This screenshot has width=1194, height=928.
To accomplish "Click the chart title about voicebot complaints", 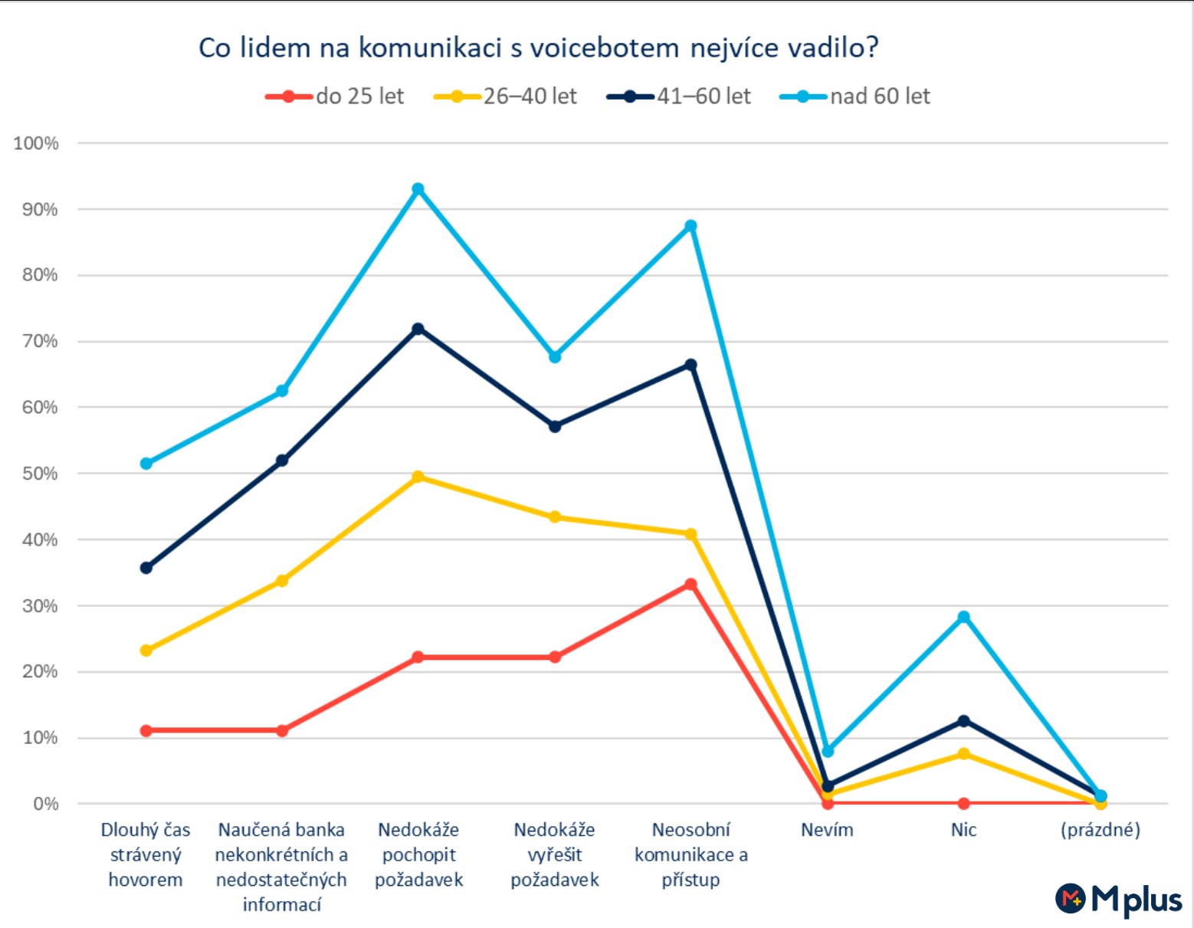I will [538, 48].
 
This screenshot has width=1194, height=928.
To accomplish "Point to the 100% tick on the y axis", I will [36, 143].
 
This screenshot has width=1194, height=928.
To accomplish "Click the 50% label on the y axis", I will [39, 474].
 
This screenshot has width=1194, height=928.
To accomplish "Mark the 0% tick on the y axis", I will [45, 804].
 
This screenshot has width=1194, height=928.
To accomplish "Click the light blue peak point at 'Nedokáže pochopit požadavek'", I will [418, 189].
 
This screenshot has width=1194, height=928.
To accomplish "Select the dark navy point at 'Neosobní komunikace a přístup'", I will [691, 365].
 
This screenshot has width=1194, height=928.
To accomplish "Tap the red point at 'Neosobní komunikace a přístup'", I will [691, 585].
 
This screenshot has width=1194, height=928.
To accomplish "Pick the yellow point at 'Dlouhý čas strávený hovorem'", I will [146, 651].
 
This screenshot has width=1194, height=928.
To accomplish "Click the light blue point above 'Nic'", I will [964, 617].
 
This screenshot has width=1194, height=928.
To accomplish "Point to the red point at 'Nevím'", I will [828, 803].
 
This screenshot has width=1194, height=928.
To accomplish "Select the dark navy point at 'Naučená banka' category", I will [282, 461].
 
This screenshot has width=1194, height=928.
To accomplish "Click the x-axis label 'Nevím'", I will [827, 830].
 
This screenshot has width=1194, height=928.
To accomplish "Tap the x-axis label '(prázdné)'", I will [1101, 830].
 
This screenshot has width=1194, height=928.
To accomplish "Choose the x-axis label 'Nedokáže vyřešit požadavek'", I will [555, 854].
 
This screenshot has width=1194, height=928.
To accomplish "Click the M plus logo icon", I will [1071, 898].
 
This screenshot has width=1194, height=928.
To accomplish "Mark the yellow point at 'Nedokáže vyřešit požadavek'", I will [555, 517].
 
